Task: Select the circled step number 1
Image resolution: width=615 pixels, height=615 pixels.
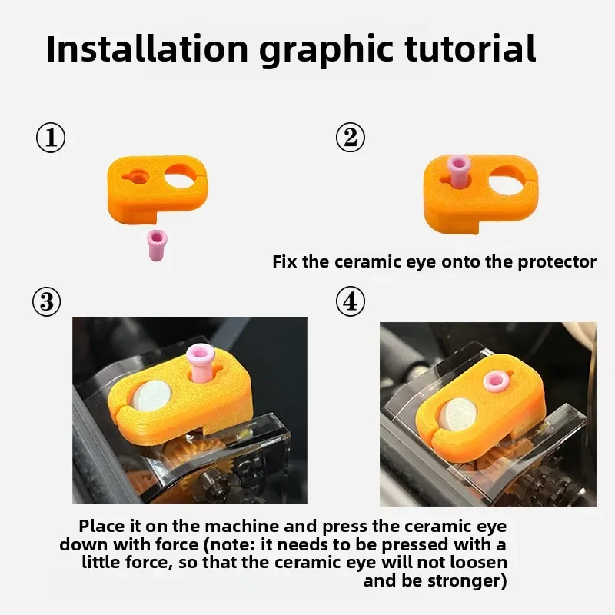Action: click(x=51, y=138)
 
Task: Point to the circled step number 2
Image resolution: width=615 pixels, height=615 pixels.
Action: click(x=351, y=138)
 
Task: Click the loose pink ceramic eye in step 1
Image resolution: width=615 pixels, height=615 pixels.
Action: click(x=158, y=244)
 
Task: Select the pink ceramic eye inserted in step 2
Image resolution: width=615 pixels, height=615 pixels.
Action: click(x=459, y=171)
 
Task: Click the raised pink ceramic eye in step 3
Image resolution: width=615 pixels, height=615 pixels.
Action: click(x=202, y=362)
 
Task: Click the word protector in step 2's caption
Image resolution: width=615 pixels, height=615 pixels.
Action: click(x=557, y=261)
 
